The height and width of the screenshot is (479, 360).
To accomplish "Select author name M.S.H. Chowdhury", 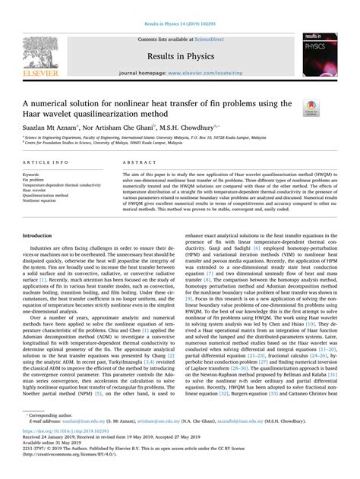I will coord(190,127).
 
